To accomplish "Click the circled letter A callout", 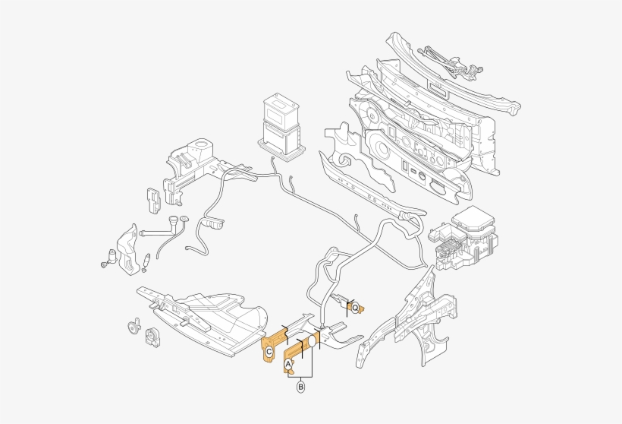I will (287, 365).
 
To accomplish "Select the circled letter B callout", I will (301, 388).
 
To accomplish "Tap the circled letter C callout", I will (269, 352).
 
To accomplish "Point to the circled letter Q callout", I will (354, 308).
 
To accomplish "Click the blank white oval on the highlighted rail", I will (310, 345).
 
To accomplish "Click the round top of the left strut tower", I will (200, 144).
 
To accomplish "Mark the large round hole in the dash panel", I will (381, 147).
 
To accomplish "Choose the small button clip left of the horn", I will (132, 327).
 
